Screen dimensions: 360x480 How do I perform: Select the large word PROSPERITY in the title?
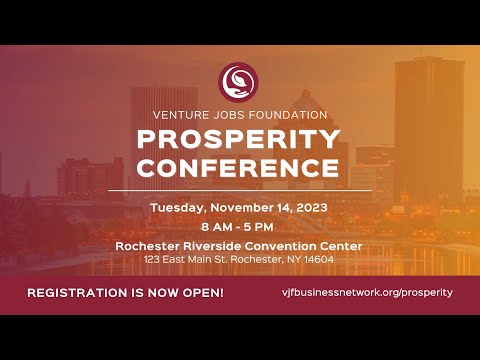click(x=239, y=138)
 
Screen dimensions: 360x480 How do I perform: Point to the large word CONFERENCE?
click(x=239, y=166)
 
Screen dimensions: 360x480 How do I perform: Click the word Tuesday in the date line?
click(x=177, y=208)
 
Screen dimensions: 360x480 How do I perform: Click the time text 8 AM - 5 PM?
click(x=239, y=227)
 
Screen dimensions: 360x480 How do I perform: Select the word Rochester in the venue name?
click(x=149, y=246)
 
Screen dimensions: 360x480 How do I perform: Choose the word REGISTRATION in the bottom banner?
click(x=81, y=292)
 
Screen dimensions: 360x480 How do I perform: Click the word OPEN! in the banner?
click(x=200, y=292)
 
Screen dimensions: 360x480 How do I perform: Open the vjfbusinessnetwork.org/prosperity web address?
click(x=368, y=292)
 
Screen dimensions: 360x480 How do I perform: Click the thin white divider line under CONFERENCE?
click(x=239, y=189)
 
